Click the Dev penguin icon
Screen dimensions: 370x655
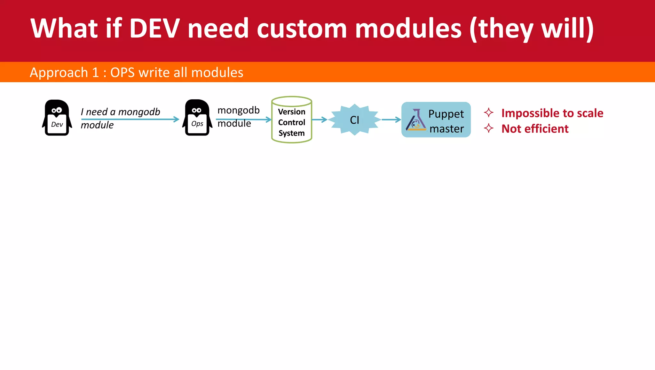[57, 118]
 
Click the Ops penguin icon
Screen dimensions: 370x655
[197, 118]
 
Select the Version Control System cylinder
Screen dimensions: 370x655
[291, 120]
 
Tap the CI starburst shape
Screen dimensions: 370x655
[354, 120]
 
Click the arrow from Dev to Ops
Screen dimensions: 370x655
[130, 119]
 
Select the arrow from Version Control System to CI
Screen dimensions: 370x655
[320, 119]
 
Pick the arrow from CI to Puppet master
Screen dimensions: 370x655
[391, 119]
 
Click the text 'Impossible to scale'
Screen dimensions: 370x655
[552, 113]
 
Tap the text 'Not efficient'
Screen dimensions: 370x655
[535, 129]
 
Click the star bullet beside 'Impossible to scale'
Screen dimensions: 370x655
[488, 113]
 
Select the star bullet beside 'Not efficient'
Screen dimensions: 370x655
[488, 128]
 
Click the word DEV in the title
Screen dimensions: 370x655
[154, 29]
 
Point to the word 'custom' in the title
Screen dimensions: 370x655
[302, 29]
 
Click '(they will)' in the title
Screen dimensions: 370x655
[531, 29]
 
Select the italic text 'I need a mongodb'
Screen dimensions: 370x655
[120, 112]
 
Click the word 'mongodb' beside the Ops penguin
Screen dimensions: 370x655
[238, 110]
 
